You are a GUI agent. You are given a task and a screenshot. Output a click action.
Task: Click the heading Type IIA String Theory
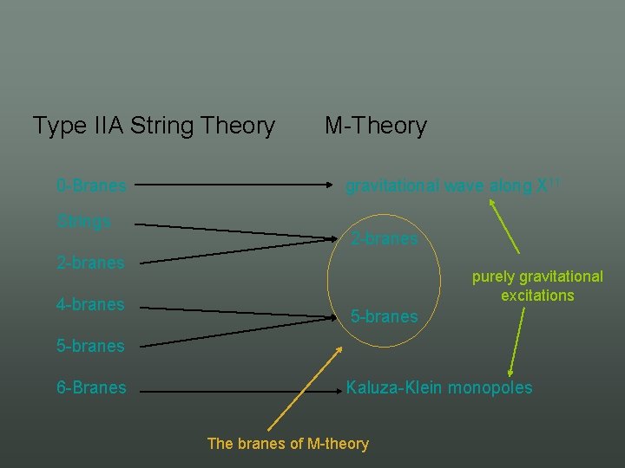(154, 126)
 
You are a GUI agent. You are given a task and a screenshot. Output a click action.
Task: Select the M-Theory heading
(376, 126)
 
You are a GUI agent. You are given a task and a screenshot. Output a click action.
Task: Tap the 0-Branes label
(91, 185)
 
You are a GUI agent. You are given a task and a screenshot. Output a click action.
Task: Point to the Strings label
(83, 221)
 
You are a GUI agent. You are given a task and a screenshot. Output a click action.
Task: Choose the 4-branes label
(90, 304)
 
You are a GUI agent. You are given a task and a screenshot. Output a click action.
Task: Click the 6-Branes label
(91, 387)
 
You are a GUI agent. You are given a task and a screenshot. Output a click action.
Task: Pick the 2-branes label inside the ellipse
(385, 238)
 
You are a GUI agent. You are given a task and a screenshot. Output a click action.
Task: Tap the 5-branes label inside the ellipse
(385, 317)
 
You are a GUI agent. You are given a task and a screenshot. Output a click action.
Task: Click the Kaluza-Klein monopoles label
(439, 387)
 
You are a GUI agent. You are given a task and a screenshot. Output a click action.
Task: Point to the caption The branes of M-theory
(287, 444)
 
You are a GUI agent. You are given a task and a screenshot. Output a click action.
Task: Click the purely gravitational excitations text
(537, 286)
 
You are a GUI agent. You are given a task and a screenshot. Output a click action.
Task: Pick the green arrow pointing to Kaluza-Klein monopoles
(517, 340)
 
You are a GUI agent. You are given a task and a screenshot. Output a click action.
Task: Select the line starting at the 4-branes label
(239, 310)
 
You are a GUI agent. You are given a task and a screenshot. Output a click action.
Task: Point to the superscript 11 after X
(545, 181)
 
